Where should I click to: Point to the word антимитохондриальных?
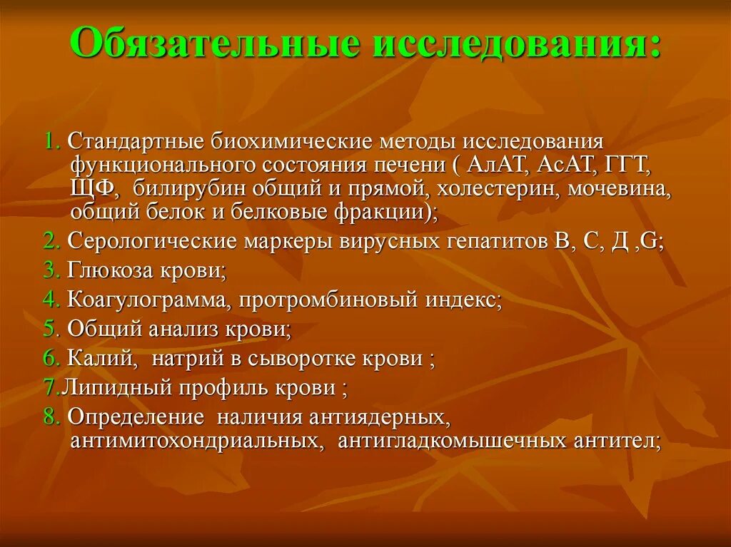(x=194, y=441)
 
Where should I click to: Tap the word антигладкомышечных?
(x=453, y=441)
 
